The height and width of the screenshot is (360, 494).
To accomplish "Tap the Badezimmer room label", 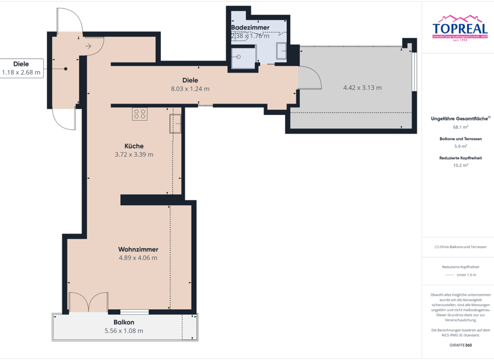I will pyautogui.click(x=250, y=28).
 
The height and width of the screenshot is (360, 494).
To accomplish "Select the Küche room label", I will pyautogui.click(x=134, y=146).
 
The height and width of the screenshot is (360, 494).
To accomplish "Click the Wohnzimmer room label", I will pyautogui.click(x=138, y=249).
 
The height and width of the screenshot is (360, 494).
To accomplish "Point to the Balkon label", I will pyautogui.click(x=123, y=322).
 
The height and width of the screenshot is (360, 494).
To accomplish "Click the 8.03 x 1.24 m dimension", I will pyautogui.click(x=190, y=89).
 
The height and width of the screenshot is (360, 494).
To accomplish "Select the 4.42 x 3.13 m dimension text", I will pyautogui.click(x=362, y=87).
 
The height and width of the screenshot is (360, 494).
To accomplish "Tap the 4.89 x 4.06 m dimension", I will pyautogui.click(x=138, y=258).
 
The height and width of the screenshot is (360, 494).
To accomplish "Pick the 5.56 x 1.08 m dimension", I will pyautogui.click(x=123, y=331).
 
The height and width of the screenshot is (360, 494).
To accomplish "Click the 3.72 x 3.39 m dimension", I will pyautogui.click(x=134, y=154).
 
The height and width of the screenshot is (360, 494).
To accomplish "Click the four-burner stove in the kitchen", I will pyautogui.click(x=140, y=114).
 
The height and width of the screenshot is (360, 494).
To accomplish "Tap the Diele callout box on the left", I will pyautogui.click(x=21, y=68).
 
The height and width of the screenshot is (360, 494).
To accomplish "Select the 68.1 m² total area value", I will pyautogui.click(x=460, y=127).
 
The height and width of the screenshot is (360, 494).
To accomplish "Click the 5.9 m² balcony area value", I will pyautogui.click(x=460, y=147).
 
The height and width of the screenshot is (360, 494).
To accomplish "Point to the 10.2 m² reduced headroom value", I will pyautogui.click(x=460, y=165).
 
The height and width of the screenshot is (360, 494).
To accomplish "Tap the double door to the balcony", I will pyautogui.click(x=88, y=303).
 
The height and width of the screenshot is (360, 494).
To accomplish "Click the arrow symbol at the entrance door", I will pyautogui.click(x=89, y=46).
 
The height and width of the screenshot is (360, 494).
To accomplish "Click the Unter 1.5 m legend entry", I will pyautogui.click(x=466, y=274).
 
